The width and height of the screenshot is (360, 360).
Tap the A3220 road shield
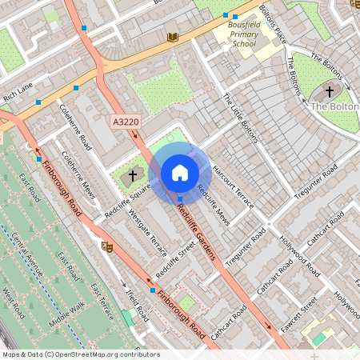tap(124, 122)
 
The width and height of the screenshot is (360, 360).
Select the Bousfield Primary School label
tap(238, 34)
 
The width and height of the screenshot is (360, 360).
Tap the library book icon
tap(172, 36)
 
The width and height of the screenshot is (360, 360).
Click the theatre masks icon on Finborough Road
tap(106, 246)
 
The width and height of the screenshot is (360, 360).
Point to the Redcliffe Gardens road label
tap(195, 232)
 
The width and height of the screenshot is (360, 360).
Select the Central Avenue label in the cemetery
tap(29, 254)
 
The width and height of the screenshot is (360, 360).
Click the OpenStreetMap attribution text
tap(80, 354)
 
